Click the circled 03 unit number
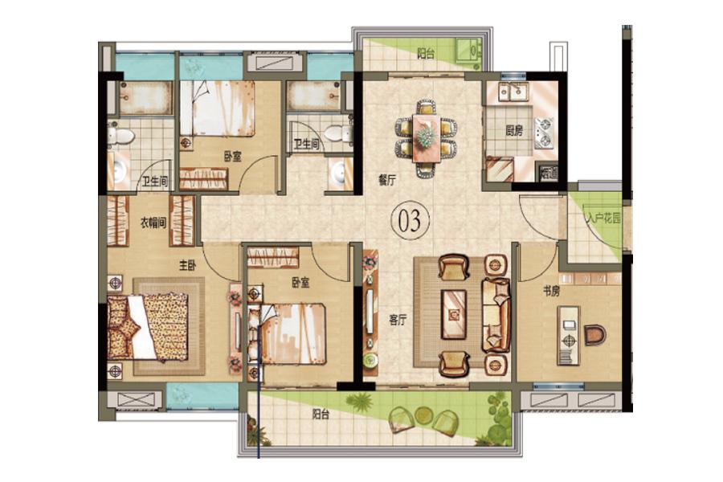[x=410, y=220]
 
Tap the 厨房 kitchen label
[x=514, y=130]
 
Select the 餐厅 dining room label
[x=387, y=181]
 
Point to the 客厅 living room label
[x=398, y=320]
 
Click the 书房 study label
[x=551, y=291]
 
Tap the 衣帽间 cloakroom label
[x=153, y=223]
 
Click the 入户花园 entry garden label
[x=602, y=219]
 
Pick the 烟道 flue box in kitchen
[x=548, y=173]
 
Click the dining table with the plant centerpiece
[x=427, y=138]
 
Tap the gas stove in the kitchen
[x=544, y=133]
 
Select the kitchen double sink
[x=516, y=92]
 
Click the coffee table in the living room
[x=454, y=314]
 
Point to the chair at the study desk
[x=594, y=335]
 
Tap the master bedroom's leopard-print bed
[x=148, y=327]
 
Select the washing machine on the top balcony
[x=469, y=51]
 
